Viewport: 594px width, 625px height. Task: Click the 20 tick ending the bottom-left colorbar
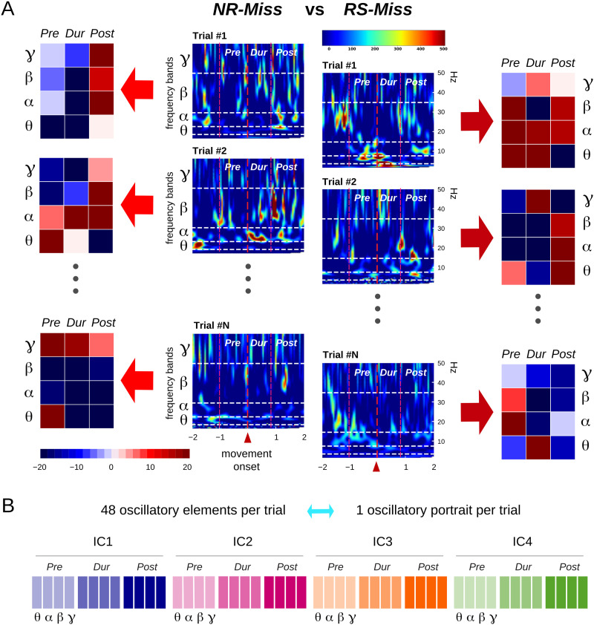186,468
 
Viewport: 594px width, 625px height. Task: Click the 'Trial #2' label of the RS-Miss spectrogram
339,182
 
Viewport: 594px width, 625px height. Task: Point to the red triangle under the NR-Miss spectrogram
248,440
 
